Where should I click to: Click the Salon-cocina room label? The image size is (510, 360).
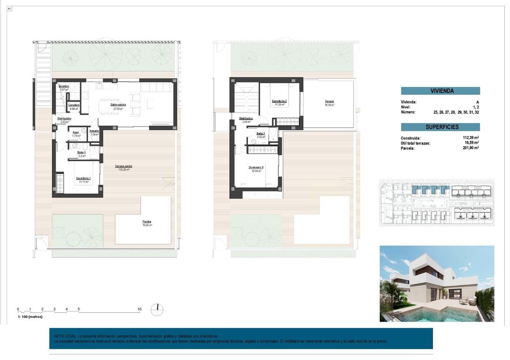[x=117, y=106]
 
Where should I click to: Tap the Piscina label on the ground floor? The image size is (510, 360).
[x=147, y=222]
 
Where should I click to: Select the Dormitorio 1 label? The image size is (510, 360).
[x=84, y=178]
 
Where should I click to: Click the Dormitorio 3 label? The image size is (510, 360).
[x=255, y=167]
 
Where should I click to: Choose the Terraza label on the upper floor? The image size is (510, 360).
[x=329, y=101]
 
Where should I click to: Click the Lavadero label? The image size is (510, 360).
[x=73, y=105]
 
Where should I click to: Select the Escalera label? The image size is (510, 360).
[x=64, y=86]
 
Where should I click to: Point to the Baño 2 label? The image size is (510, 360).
[x=261, y=134]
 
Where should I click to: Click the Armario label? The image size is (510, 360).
[x=94, y=131]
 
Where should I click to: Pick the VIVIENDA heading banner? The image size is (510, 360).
[x=440, y=91]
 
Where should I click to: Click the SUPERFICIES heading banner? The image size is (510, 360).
[x=440, y=127]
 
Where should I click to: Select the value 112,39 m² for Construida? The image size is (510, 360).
[x=470, y=138]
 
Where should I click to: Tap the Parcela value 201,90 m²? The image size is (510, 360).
[x=470, y=148]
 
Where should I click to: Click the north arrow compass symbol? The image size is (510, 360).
[x=157, y=310]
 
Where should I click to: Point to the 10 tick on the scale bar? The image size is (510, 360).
[x=139, y=310]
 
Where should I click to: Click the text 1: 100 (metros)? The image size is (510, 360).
[x=30, y=317]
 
